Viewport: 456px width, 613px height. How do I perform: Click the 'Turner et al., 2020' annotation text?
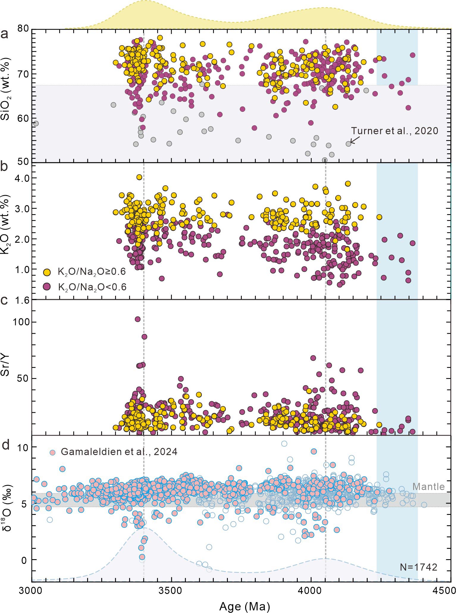click(394, 131)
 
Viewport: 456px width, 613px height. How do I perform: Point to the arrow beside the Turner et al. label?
click(355, 140)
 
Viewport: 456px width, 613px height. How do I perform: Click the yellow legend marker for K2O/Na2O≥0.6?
click(47, 272)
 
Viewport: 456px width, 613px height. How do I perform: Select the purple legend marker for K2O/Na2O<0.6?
click(47, 287)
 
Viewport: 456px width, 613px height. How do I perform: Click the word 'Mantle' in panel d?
click(428, 487)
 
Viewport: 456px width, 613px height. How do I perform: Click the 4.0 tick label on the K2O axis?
click(21, 178)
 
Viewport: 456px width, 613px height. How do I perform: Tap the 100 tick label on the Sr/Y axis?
click(21, 322)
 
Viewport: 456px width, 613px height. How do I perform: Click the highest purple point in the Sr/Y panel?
click(137, 319)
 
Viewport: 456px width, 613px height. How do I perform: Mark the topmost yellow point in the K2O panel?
click(139, 177)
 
